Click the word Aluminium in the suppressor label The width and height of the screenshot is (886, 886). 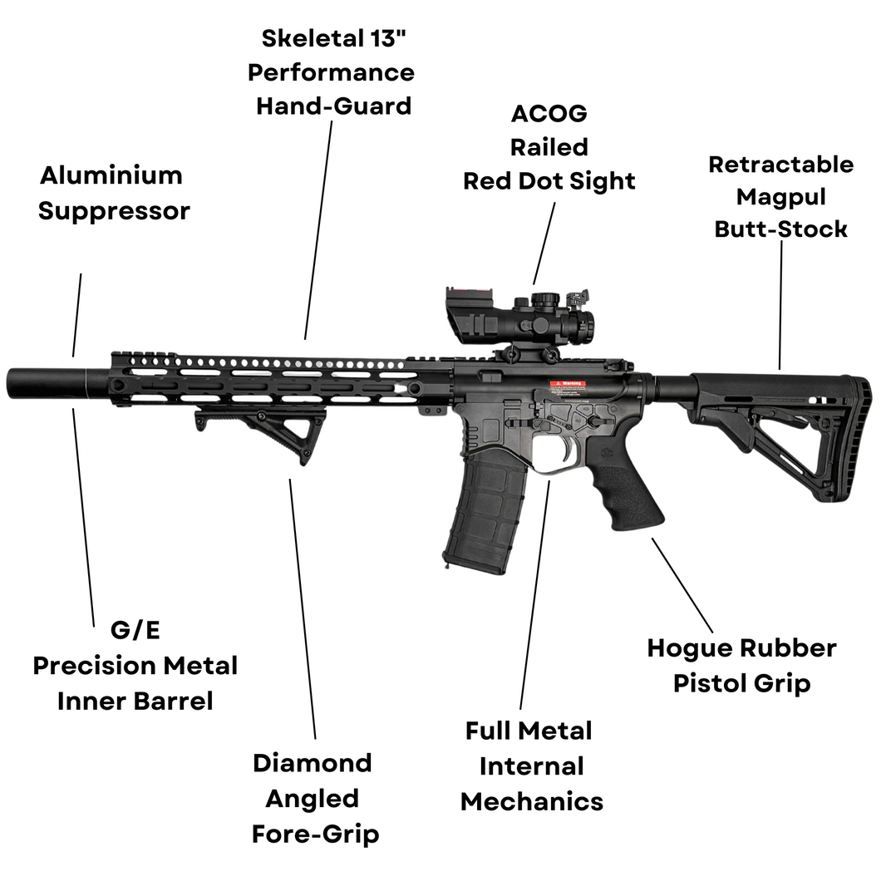(111, 175)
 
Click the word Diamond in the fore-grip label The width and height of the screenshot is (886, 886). (312, 763)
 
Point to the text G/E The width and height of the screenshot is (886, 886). (135, 630)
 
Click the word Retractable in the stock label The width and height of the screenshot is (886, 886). (780, 164)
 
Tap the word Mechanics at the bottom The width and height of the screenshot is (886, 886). (531, 801)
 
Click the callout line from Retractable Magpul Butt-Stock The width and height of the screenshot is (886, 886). (780, 303)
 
